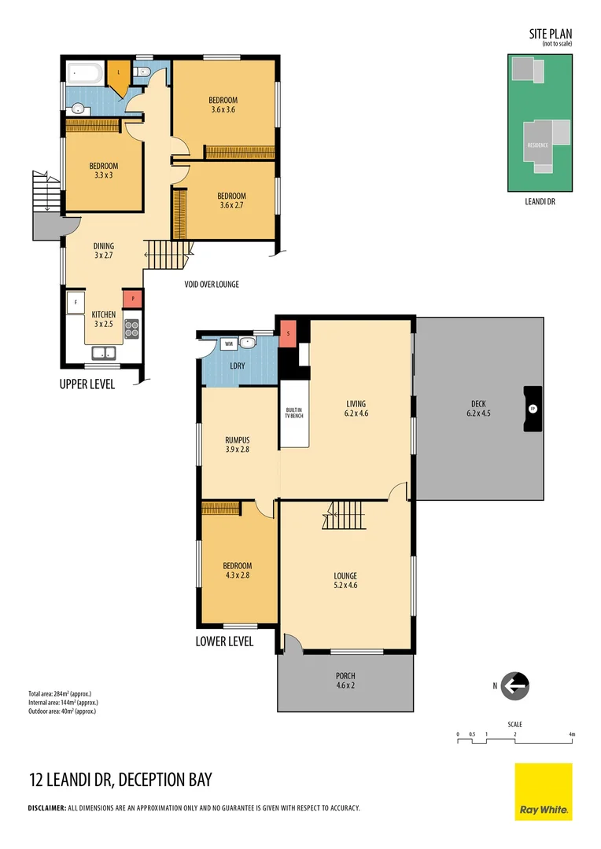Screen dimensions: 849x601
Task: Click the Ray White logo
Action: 544,792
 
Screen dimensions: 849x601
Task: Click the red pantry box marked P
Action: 132,299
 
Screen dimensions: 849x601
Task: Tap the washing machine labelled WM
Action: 229,344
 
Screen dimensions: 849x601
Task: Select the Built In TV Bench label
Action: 294,413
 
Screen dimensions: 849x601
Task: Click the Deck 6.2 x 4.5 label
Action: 478,409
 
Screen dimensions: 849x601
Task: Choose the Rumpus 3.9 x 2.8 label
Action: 237,446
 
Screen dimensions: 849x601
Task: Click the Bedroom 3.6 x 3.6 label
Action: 223,105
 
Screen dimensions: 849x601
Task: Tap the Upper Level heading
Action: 87,384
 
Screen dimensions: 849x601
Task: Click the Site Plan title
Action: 550,34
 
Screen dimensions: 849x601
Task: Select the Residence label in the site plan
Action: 537,146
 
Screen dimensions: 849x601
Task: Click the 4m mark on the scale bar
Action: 572,734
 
